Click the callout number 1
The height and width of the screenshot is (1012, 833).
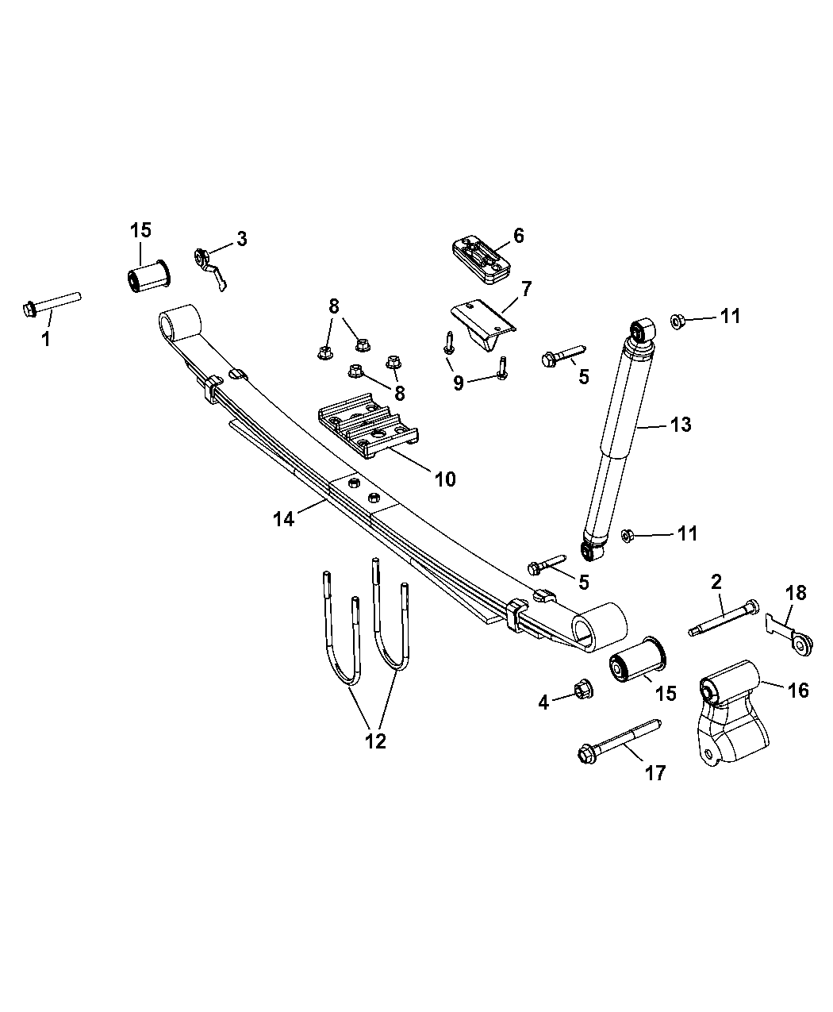tap(45, 340)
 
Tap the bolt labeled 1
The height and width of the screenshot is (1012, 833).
tap(52, 303)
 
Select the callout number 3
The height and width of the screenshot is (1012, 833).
tap(241, 238)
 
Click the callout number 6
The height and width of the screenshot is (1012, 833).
tap(519, 235)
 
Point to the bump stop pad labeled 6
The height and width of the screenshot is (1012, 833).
tap(479, 260)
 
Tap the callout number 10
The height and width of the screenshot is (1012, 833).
tap(444, 479)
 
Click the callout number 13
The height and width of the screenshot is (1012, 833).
tap(680, 425)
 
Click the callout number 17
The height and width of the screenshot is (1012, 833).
tap(655, 772)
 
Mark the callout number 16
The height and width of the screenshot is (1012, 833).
tap(798, 691)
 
